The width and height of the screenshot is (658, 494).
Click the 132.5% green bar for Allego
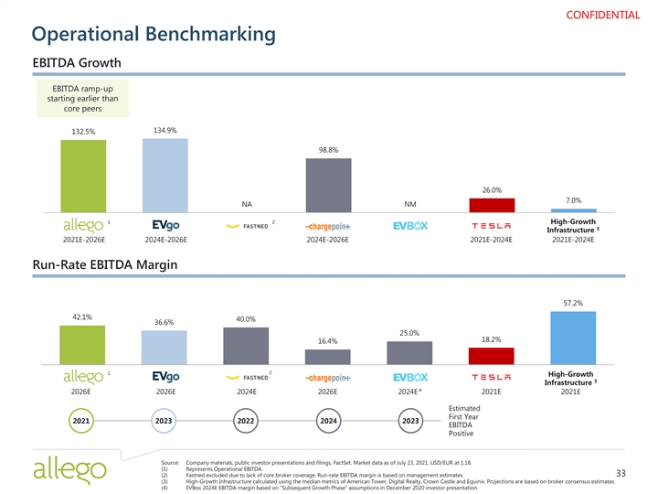tap(82, 177)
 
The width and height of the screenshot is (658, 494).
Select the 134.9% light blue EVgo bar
tap(164, 176)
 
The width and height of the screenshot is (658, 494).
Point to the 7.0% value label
tap(574, 200)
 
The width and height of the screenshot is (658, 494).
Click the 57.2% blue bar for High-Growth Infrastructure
tap(574, 338)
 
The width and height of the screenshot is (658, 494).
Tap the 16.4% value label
tap(328, 341)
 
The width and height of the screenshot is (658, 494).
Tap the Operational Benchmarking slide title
tap(154, 35)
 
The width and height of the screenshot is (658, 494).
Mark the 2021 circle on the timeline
tap(82, 421)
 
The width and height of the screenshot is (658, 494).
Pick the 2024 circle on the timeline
tap(328, 421)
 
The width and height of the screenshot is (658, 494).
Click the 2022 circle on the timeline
tap(246, 421)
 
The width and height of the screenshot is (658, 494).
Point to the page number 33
tap(621, 473)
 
